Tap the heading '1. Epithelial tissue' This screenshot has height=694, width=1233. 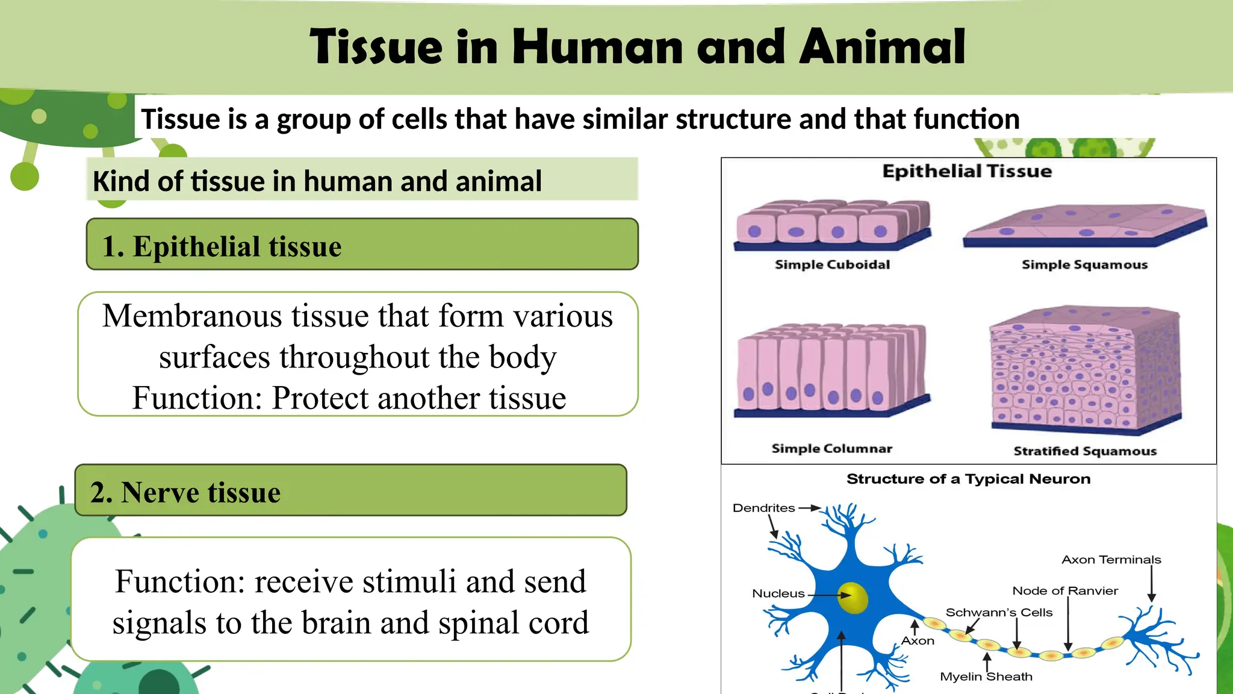[222, 246]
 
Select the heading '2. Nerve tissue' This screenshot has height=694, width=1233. [185, 492]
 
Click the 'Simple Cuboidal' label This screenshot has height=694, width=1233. [832, 264]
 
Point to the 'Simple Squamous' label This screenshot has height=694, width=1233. [1084, 264]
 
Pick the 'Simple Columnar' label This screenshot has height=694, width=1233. [831, 449]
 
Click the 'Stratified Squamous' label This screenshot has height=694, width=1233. [1085, 451]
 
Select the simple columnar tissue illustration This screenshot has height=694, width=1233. [831, 370]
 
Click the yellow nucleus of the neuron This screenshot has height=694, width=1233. [853, 597]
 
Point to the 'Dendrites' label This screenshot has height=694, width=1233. [763, 508]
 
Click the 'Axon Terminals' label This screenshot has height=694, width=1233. [1111, 560]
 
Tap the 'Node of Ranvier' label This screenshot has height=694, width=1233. [1064, 591]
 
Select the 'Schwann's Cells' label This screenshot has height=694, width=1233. [999, 613]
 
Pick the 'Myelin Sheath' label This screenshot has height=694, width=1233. [986, 677]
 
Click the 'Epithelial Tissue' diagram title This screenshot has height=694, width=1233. [967, 171]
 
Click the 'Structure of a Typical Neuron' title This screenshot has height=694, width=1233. [968, 479]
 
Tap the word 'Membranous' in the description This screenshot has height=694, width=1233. [191, 316]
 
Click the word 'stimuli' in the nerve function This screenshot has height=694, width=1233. [410, 582]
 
